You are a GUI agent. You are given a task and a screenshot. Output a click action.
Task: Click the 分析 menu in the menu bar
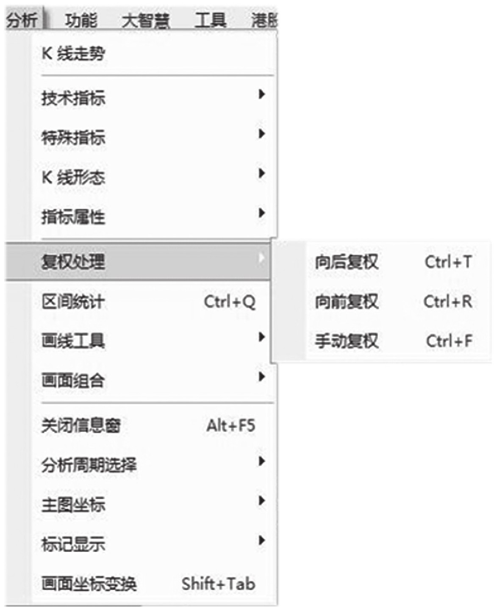click(x=22, y=20)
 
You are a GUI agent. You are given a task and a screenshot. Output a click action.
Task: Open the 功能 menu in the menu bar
click(x=80, y=20)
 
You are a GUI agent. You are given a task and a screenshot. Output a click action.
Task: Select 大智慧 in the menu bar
click(x=146, y=21)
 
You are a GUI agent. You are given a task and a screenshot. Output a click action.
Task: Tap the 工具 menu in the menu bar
click(x=211, y=20)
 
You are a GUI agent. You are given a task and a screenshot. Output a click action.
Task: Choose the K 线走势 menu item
click(x=73, y=53)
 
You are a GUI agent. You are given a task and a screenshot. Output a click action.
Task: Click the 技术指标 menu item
click(x=73, y=98)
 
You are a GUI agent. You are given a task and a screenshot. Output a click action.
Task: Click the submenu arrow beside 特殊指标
click(x=261, y=133)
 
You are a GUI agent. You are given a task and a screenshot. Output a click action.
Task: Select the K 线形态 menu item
click(x=73, y=177)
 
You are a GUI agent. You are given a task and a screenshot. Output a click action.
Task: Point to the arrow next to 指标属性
click(x=261, y=213)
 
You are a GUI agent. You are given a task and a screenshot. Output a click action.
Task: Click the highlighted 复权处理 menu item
click(x=73, y=261)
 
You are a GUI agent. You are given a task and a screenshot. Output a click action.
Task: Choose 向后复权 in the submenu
click(x=347, y=262)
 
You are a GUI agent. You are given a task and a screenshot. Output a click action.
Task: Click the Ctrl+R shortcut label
click(x=448, y=301)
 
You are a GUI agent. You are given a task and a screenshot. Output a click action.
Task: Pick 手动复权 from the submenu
click(x=347, y=341)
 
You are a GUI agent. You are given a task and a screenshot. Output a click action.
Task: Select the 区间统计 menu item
click(x=73, y=302)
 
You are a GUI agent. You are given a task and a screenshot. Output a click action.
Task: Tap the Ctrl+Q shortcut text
click(x=230, y=302)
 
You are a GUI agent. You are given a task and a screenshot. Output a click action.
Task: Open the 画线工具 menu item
click(x=73, y=341)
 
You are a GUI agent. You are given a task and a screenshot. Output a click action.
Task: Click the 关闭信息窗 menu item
click(x=81, y=425)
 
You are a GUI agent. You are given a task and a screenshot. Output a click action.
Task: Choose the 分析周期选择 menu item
click(x=89, y=465)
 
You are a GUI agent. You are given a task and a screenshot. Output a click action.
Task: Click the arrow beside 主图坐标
click(x=261, y=500)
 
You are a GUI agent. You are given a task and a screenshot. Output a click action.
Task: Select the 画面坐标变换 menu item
click(x=89, y=583)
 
